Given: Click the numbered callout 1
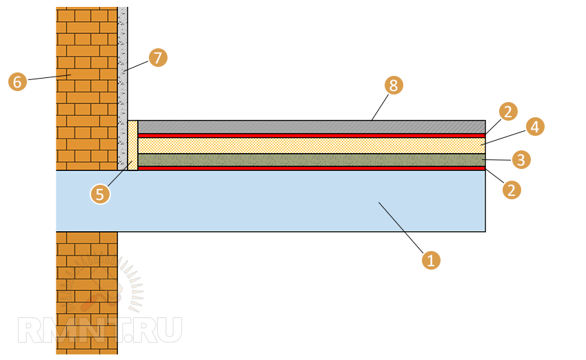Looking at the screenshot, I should click(431, 261).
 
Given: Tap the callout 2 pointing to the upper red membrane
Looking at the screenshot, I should click(508, 111).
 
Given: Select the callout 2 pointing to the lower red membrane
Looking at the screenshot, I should click(511, 190).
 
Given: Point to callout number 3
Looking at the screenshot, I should click(522, 160).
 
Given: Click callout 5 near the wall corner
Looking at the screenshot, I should click(100, 194).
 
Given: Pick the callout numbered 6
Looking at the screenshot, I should click(17, 81).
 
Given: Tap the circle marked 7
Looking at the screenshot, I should click(158, 57).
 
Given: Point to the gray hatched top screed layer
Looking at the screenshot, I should click(310, 127).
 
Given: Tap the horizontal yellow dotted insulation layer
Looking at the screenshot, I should click(310, 146).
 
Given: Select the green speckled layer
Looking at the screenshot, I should click(310, 160).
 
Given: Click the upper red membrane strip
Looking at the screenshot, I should click(310, 135).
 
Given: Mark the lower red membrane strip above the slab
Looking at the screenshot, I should click(310, 168).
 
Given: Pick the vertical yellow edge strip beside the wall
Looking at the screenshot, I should click(132, 145).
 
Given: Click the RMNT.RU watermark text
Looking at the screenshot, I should click(100, 330).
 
